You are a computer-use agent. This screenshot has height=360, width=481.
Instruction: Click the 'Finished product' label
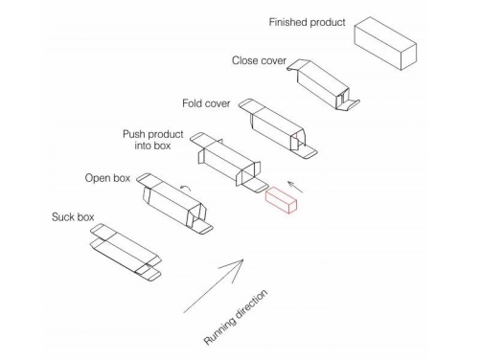pos(307,22)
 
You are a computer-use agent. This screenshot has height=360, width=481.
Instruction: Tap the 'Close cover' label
pos(259,60)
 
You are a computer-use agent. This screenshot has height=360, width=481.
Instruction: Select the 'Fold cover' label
pos(206,103)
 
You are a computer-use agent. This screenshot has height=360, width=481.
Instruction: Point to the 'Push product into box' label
pos(153,140)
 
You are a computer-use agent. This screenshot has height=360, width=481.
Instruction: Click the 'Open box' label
pos(107,178)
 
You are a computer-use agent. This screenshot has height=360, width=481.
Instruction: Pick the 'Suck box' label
pos(73,217)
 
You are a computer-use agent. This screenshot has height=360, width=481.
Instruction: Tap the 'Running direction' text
pos(236,317)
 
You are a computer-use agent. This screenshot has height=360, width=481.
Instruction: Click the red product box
pos(281,200)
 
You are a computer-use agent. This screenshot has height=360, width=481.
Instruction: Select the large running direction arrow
pos(214,286)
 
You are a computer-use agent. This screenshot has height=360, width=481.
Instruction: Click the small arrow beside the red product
pos(295,187)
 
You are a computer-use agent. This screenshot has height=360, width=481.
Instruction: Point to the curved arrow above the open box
pos(185,188)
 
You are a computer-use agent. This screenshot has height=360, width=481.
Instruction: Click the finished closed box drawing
pos(385,43)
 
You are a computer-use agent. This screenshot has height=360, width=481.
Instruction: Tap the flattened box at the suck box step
pos(126,253)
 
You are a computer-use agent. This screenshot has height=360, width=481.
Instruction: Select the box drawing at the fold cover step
pos(278,129)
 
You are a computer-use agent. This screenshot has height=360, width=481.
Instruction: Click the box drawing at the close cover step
pos(323,85)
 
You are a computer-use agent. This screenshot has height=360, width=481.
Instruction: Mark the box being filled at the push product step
pos(229,163)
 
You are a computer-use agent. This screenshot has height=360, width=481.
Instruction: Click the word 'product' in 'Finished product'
pos(328,23)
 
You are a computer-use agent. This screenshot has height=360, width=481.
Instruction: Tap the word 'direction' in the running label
pos(250,304)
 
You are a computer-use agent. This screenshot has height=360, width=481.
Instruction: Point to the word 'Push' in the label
pos(134,134)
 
